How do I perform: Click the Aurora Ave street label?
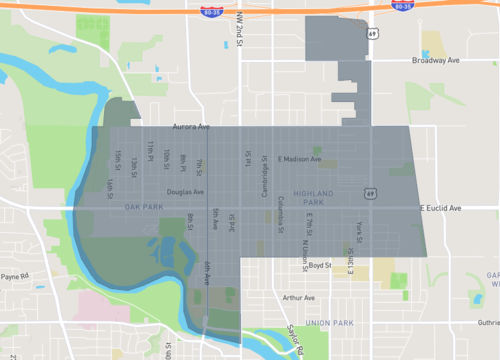click(191, 127)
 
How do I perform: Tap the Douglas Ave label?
click(185, 192)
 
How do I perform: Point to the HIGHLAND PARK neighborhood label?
click(317, 197)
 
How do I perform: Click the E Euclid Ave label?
click(440, 208)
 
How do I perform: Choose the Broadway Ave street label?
click(435, 60)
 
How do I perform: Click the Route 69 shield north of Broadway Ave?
click(372, 33)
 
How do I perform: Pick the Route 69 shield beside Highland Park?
click(369, 193)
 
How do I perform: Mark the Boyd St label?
click(320, 265)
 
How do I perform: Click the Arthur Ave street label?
click(298, 297)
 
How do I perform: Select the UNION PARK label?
click(329, 323)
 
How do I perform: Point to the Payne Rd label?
click(15, 276)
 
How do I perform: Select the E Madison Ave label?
click(299, 159)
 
